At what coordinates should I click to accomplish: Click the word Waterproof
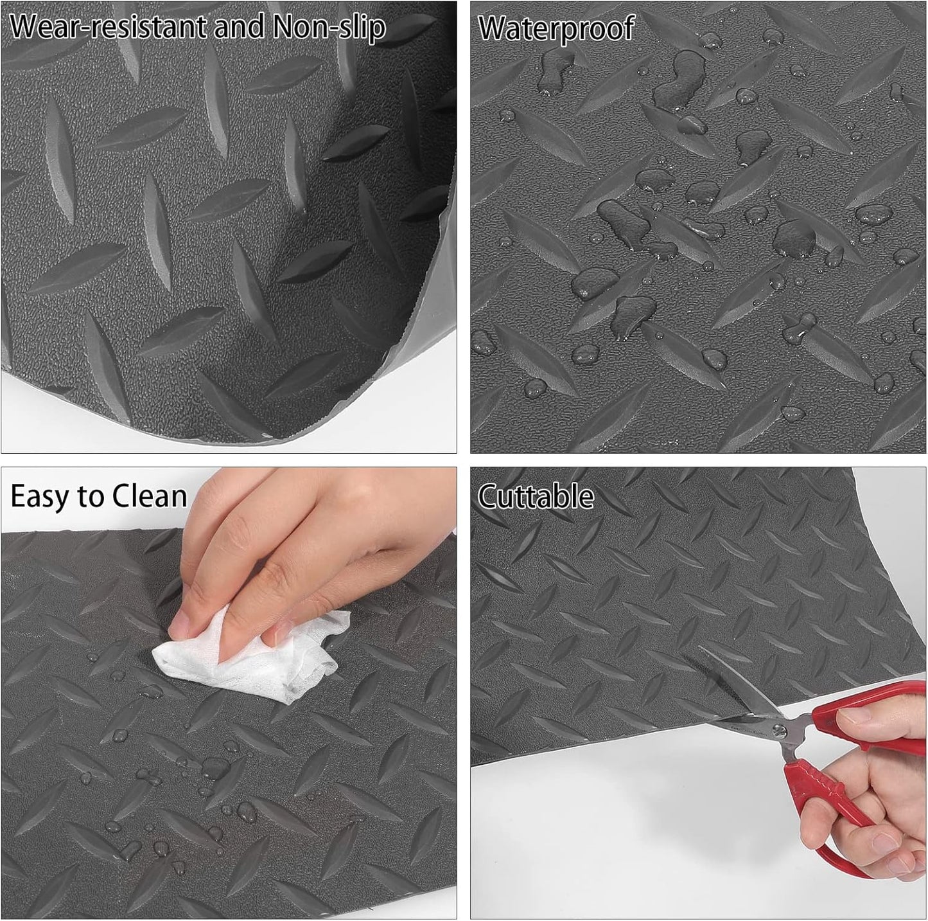(x=556, y=29)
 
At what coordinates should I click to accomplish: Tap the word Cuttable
(x=536, y=497)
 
